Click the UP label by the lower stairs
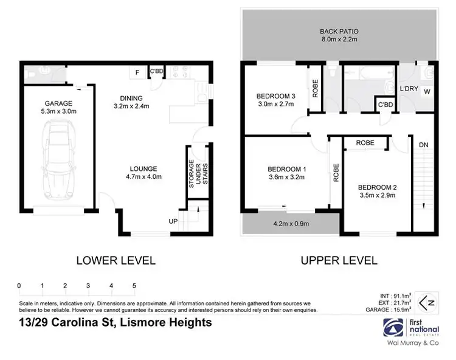tap(173, 221)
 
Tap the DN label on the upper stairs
tap(423, 145)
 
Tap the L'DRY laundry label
tap(408, 89)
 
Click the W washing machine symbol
tap(427, 92)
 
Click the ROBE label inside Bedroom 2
tap(365, 144)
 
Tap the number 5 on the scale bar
tap(134, 285)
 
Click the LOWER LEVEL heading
tap(116, 260)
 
